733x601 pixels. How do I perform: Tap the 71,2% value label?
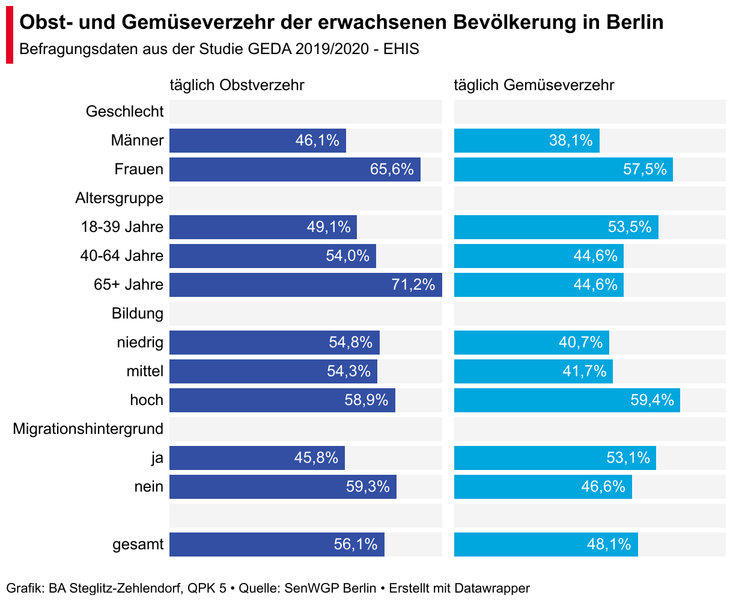click(413, 285)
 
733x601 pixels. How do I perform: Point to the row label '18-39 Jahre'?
click(122, 227)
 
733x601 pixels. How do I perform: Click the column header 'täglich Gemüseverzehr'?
click(534, 85)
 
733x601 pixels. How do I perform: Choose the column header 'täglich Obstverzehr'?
click(237, 85)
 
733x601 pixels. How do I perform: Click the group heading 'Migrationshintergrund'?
click(88, 429)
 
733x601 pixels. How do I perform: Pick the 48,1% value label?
click(609, 545)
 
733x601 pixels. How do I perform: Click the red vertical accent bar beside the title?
click(10, 37)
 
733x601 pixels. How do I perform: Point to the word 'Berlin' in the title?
click(634, 23)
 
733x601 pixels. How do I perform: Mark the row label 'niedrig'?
click(140, 343)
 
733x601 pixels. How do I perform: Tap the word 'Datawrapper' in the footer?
click(492, 588)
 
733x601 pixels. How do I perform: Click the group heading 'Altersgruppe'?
click(119, 198)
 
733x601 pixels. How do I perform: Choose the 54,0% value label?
click(348, 256)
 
